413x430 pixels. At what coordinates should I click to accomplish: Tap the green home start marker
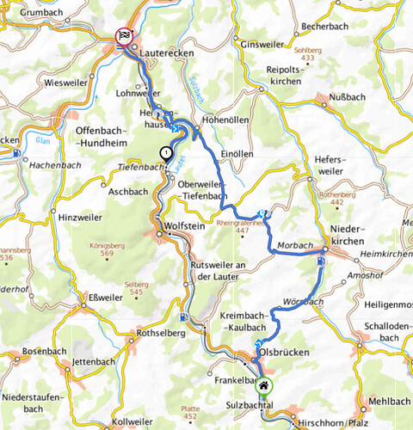tap(264, 386)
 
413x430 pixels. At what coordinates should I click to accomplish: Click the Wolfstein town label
tap(185, 230)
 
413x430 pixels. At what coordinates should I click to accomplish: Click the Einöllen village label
tap(237, 154)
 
